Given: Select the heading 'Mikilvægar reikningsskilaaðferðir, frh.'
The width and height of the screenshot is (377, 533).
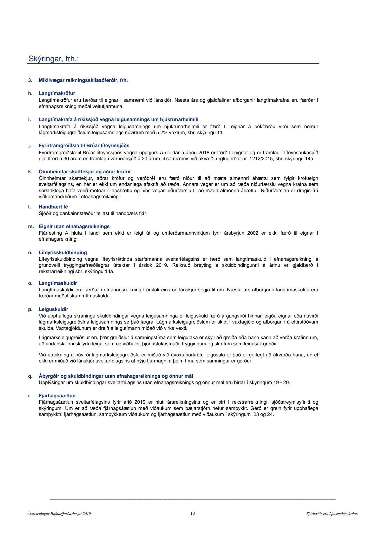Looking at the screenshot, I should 83,80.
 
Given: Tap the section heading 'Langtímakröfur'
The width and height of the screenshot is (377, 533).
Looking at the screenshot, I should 57,93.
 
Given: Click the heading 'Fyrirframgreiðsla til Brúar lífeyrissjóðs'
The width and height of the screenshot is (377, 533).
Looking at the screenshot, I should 84,146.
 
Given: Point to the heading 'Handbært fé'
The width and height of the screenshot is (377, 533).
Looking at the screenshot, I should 53,207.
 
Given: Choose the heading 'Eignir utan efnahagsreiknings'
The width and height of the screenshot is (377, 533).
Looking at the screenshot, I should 74,227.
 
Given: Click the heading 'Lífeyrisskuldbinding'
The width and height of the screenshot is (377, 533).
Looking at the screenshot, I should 63,253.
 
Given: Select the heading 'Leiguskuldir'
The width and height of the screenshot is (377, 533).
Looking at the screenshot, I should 53,309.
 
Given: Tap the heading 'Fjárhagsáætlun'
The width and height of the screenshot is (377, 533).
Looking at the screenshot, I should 57,396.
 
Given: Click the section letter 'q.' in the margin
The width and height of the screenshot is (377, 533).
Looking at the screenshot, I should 30,376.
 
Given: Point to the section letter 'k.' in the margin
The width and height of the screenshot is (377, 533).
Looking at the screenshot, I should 30,172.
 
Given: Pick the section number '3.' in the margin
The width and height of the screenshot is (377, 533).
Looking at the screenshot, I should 30,80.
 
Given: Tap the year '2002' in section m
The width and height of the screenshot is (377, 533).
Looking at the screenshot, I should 253,233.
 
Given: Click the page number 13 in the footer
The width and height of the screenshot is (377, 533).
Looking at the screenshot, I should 193,513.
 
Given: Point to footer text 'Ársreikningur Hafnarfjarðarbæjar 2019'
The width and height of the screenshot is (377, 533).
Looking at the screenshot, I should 59,514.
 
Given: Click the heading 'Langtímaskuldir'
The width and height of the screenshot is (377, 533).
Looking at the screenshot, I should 58,283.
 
